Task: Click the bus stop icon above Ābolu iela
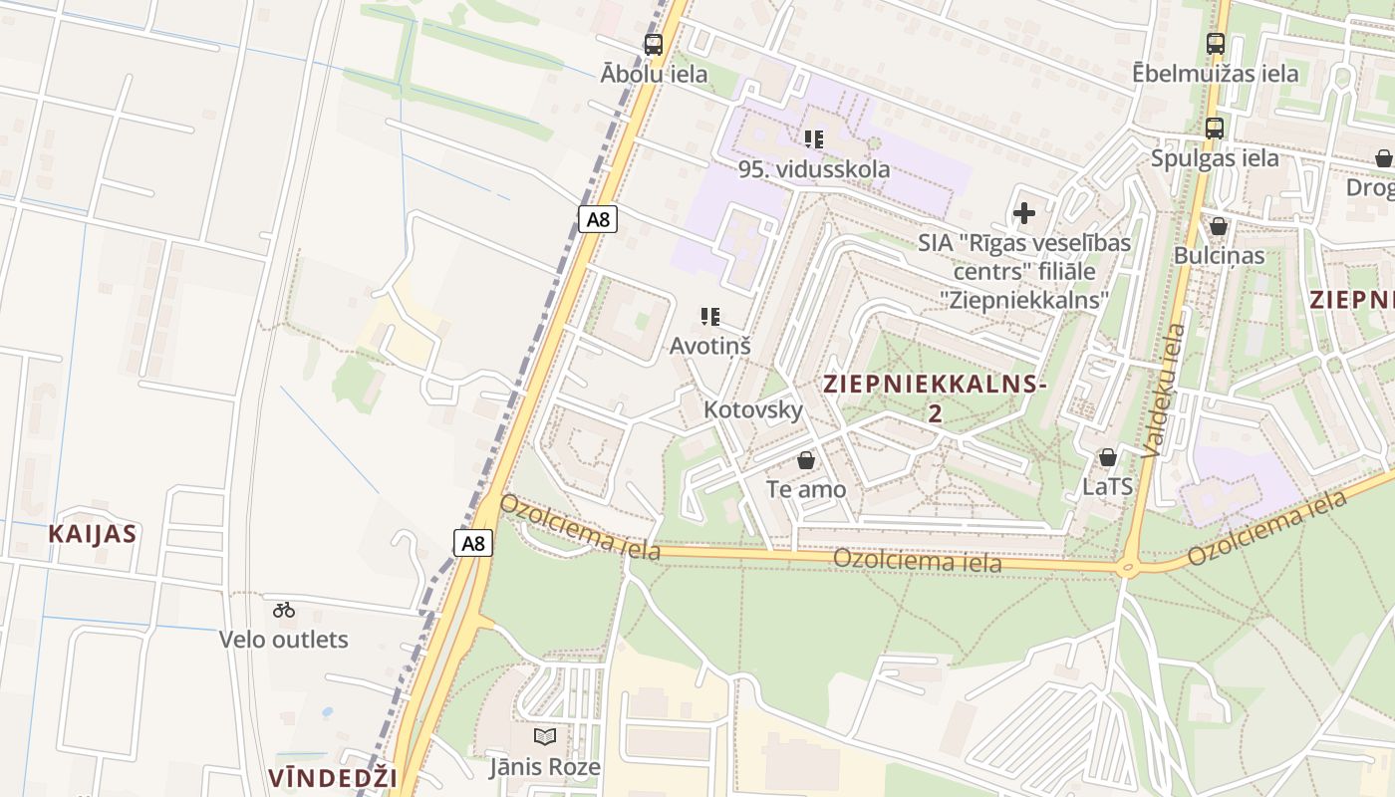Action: pyautogui.click(x=654, y=44)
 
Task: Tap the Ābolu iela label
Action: pyautogui.click(x=655, y=74)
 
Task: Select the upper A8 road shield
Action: pyautogui.click(x=597, y=219)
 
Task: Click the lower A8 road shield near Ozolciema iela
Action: pyautogui.click(x=474, y=543)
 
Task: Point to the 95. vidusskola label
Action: pyautogui.click(x=814, y=169)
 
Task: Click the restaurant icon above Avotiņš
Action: pyautogui.click(x=710, y=317)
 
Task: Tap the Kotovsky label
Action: pyautogui.click(x=752, y=409)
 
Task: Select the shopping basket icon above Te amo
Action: pyautogui.click(x=806, y=460)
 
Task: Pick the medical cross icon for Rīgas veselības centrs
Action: pyautogui.click(x=1024, y=212)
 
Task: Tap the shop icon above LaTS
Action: pyautogui.click(x=1107, y=457)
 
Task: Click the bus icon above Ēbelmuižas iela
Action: pyautogui.click(x=1215, y=43)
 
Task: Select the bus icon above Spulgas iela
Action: pyautogui.click(x=1214, y=128)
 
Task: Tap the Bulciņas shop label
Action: pyautogui.click(x=1219, y=255)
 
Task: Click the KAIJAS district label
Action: pyautogui.click(x=93, y=533)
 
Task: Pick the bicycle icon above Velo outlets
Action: pyautogui.click(x=284, y=610)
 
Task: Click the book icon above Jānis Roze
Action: pyautogui.click(x=544, y=736)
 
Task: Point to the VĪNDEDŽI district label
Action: pyautogui.click(x=333, y=778)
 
